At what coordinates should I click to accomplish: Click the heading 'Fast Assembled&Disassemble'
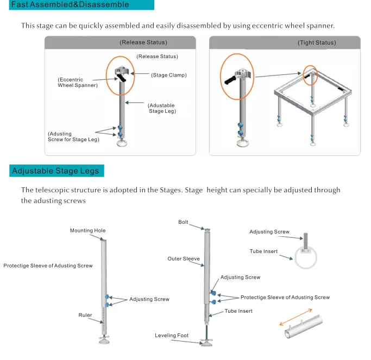(70, 4)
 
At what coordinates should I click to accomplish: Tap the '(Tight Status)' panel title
(317, 42)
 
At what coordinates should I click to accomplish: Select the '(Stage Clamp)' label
(169, 75)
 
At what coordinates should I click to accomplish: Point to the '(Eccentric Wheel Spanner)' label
(78, 83)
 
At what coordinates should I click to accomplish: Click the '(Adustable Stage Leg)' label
(162, 108)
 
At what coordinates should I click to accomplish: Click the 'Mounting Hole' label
(87, 231)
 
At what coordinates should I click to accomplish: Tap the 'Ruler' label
(85, 315)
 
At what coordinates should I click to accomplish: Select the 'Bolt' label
(183, 222)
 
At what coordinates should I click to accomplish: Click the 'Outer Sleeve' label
(184, 259)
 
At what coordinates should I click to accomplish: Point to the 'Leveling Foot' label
(172, 336)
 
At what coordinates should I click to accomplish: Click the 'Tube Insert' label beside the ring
(263, 251)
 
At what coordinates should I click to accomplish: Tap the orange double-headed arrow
(296, 317)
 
